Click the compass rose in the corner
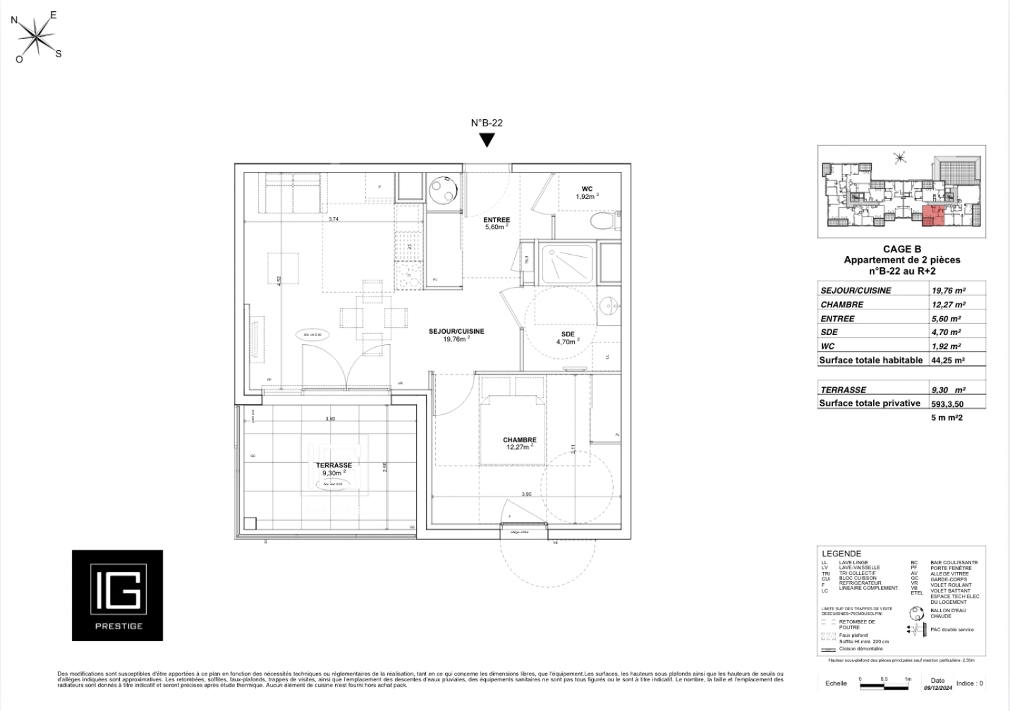[x=38, y=36]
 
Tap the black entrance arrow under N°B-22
[x=487, y=140]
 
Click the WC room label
[x=587, y=189]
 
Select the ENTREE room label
[x=496, y=220]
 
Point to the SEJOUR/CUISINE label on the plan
[x=456, y=331]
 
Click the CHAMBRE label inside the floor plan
[x=519, y=440]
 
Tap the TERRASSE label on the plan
[x=334, y=465]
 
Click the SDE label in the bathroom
[x=568, y=334]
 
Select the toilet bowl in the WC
[x=602, y=220]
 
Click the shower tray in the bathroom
[x=568, y=263]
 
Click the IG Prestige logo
[x=117, y=595]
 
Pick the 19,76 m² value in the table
[x=948, y=290]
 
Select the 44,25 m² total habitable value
[x=948, y=360]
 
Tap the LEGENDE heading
[x=841, y=554]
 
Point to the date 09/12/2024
[x=938, y=688]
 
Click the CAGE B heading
[x=901, y=249]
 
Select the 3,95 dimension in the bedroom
[x=526, y=494]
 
